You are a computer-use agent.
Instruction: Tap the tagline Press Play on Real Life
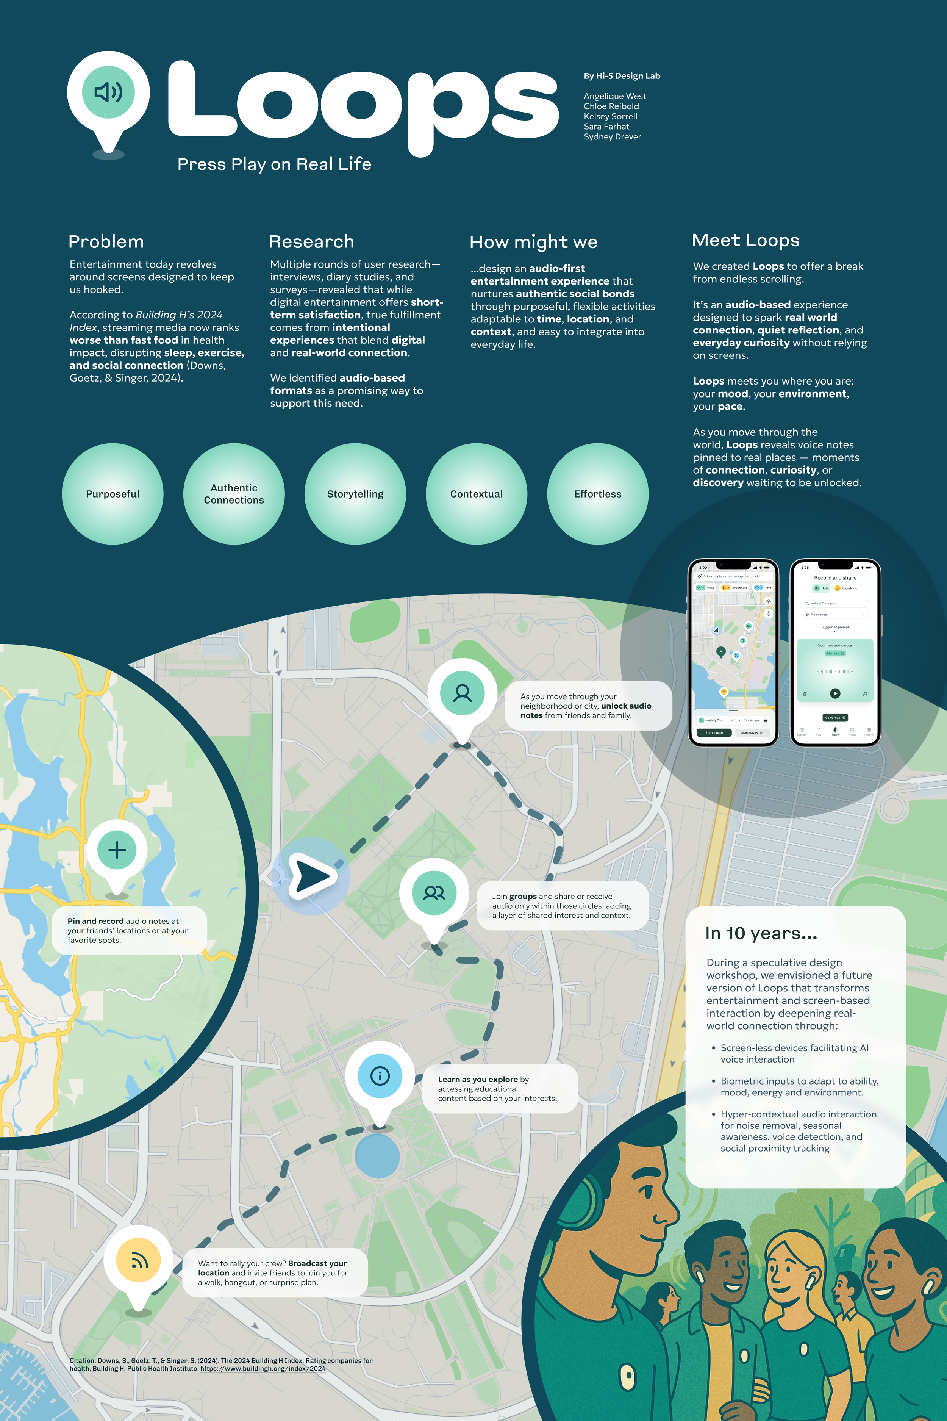(x=274, y=164)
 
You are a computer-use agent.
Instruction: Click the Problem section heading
(x=106, y=242)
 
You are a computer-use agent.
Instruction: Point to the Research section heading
(x=311, y=242)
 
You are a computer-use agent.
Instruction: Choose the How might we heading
(x=533, y=242)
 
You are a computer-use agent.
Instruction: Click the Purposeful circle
(x=113, y=494)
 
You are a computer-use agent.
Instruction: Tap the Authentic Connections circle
(x=234, y=494)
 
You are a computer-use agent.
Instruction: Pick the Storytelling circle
(x=355, y=494)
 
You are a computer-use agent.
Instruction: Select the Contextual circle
(x=477, y=494)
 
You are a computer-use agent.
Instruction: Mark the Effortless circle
(x=598, y=494)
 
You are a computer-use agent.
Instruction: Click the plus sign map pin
(x=117, y=850)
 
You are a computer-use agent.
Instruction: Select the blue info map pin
(x=380, y=1075)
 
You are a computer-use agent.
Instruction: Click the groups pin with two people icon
(x=434, y=893)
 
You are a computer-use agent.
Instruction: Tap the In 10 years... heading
(x=761, y=933)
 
